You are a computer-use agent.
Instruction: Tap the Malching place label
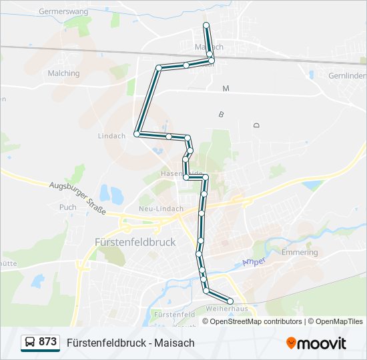(63, 73)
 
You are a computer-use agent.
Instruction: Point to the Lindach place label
(111, 136)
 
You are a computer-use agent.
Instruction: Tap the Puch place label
(67, 207)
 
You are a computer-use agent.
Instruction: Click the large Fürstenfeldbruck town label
(135, 242)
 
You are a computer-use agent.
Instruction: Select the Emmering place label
(300, 253)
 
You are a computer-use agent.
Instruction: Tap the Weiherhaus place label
(223, 309)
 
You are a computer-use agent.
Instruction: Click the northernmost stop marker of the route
(206, 25)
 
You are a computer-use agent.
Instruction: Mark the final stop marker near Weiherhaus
(231, 301)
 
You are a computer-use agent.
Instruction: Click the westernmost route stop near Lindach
(137, 134)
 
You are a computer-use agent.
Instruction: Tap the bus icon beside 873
(29, 343)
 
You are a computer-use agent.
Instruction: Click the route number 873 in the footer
(47, 342)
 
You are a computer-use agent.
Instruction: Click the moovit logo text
(322, 343)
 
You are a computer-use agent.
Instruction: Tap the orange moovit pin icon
(291, 343)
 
